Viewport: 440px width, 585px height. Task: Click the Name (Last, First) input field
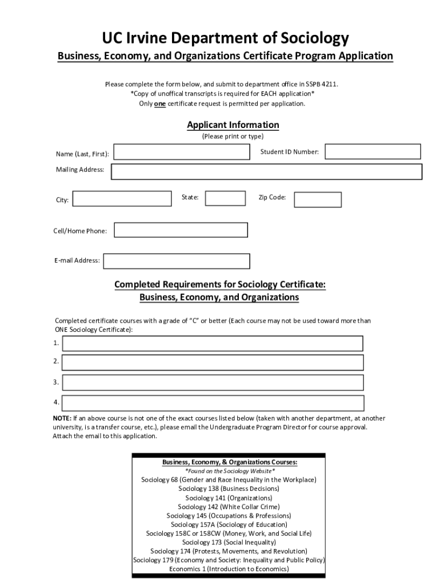pos(182,152)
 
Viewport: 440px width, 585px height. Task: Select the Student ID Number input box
pos(373,151)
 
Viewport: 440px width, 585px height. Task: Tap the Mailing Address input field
pos(266,171)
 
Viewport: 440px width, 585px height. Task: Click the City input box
pos(122,199)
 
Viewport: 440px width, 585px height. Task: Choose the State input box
pos(225,198)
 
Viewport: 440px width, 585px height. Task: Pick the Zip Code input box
pos(317,199)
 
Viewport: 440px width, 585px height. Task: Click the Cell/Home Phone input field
pos(181,230)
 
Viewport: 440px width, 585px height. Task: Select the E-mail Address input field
pos(176,261)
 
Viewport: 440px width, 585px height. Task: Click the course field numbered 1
pos(213,343)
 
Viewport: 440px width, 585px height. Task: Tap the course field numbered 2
pos(213,362)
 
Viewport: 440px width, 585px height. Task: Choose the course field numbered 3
pos(213,382)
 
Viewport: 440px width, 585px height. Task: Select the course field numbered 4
pos(213,403)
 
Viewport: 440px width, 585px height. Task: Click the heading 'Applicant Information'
pos(233,125)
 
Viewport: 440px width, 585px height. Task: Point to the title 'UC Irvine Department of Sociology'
pos(225,38)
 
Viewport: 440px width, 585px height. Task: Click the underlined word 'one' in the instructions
pos(159,103)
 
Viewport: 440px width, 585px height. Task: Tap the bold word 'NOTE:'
pos(62,418)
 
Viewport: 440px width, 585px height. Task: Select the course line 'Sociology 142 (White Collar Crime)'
pos(229,507)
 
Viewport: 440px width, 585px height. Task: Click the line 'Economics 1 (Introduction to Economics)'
pos(229,569)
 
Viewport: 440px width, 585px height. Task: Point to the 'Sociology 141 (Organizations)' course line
pos(229,498)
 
